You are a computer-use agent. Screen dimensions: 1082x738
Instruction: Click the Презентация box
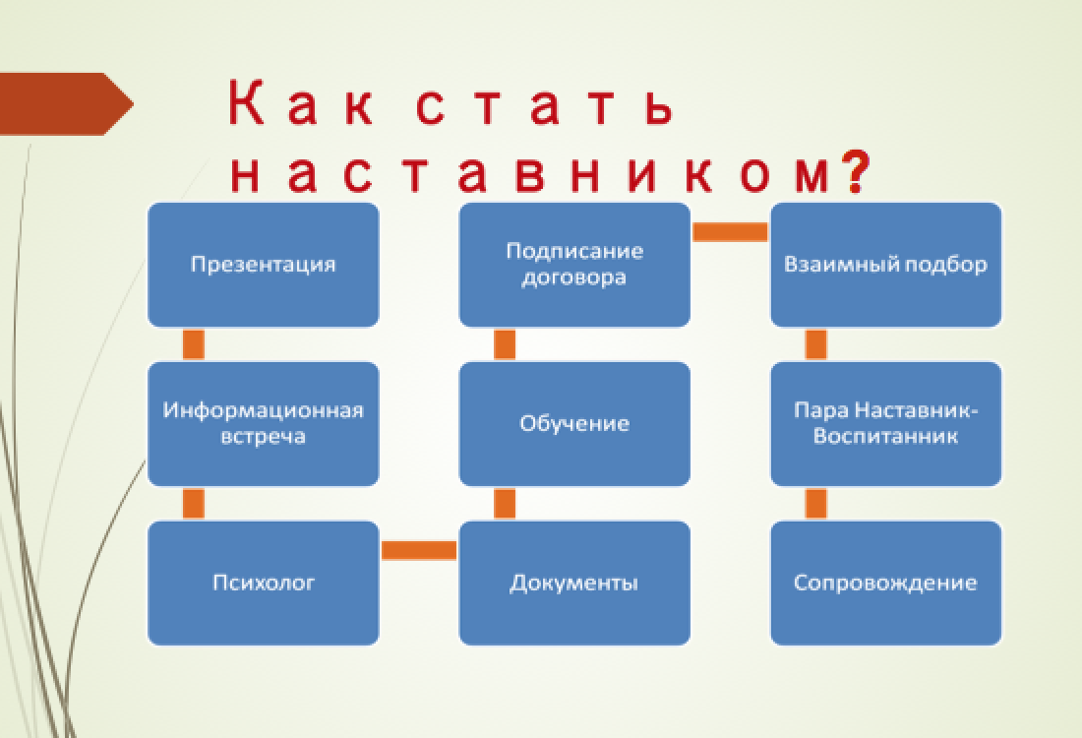(263, 265)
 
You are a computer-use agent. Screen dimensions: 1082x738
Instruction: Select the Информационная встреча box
(263, 424)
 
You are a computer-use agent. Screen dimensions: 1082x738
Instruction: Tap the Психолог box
(263, 583)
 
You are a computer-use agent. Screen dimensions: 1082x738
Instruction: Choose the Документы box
(574, 583)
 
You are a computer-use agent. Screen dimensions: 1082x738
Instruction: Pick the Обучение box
(574, 424)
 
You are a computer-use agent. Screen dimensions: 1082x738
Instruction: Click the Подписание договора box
(574, 265)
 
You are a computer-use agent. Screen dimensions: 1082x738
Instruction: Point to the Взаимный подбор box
(885, 265)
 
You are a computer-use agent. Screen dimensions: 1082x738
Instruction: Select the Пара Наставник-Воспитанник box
(885, 424)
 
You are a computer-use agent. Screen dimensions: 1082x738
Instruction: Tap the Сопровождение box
(885, 583)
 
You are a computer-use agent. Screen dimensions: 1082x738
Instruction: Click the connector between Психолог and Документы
(419, 550)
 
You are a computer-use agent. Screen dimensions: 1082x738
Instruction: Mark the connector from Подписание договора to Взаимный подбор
(730, 232)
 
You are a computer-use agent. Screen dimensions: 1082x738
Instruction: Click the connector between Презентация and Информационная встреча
(193, 344)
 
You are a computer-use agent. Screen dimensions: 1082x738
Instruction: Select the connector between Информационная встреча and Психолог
(193, 504)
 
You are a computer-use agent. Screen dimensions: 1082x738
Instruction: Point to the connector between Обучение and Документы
(505, 504)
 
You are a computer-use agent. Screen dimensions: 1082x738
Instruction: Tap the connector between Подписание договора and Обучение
(505, 344)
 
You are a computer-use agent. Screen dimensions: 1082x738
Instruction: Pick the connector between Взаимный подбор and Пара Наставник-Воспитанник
(815, 344)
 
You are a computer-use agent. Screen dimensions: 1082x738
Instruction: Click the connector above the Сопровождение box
(815, 504)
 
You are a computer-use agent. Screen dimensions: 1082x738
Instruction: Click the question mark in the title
(856, 172)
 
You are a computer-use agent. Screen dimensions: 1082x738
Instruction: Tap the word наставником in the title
(530, 173)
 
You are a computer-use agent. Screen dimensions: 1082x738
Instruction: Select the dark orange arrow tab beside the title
(66, 103)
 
